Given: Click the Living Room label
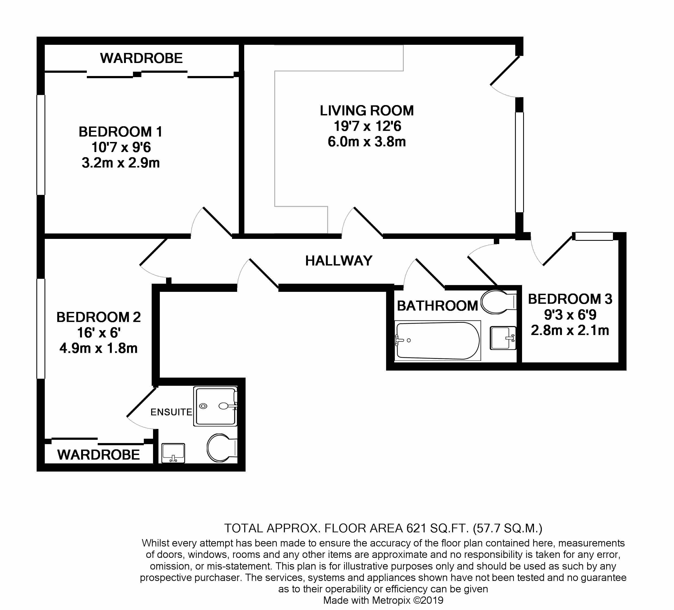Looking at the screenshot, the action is coord(367,111).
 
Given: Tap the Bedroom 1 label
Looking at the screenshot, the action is coord(121,132).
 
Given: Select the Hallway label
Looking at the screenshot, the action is coord(339,261).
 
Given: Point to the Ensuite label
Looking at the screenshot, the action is coord(171,412).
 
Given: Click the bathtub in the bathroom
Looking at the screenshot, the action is coord(438,341).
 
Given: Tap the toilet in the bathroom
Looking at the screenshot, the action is coord(498,302).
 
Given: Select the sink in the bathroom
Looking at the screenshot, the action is coord(503,338).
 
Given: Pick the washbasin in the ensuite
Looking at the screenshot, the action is coord(173,453).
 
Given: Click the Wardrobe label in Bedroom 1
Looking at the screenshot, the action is coord(141,58).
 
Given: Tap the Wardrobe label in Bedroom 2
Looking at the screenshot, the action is coord(98,455).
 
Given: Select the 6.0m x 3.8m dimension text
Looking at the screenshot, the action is coord(367,142).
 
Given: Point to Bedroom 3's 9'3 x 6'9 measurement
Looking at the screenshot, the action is coord(570,315).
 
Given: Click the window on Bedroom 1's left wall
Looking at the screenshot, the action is coord(41,145).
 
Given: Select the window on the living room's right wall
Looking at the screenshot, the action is coord(519,162).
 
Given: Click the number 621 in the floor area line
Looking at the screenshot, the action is coord(416,528).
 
